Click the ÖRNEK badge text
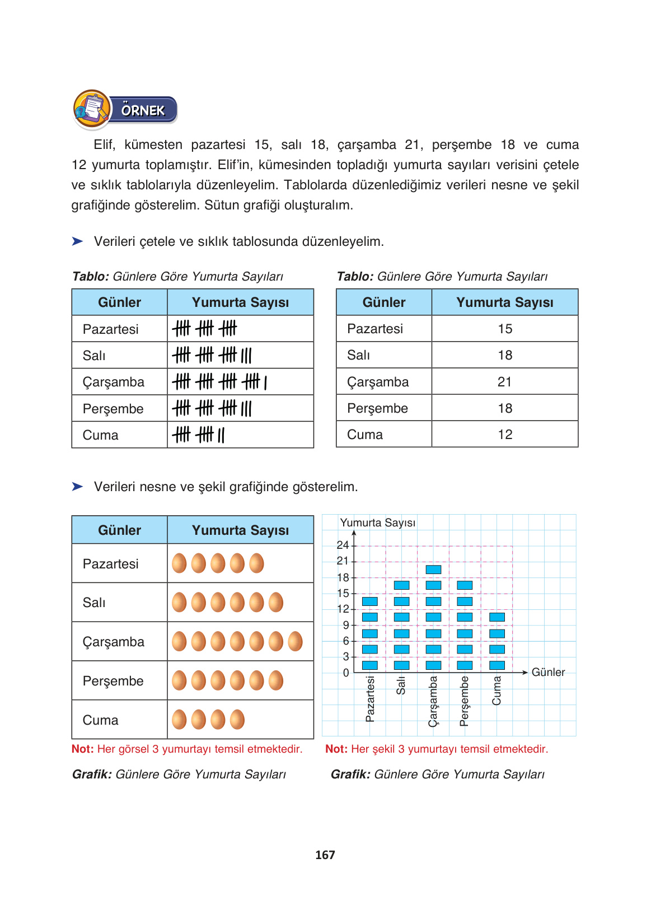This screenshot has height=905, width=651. [143, 110]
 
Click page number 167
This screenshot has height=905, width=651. [325, 855]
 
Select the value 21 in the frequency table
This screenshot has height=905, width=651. [504, 382]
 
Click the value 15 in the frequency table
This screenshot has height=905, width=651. [504, 329]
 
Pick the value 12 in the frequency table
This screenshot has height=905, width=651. [504, 435]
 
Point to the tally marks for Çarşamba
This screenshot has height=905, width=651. [219, 382]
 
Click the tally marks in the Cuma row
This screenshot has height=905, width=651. [199, 435]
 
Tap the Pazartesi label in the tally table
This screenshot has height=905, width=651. [110, 329]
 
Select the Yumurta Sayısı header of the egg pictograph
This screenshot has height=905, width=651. [240, 530]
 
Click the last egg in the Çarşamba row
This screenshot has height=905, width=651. [295, 641]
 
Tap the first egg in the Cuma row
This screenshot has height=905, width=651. [179, 720]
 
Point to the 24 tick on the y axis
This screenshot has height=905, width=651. [343, 545]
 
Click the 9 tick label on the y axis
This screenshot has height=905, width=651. [346, 625]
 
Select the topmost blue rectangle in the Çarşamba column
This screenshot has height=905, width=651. [433, 570]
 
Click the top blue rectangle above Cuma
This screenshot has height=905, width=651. [497, 617]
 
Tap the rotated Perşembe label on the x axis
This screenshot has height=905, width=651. [464, 701]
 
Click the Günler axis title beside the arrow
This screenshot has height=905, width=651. [548, 672]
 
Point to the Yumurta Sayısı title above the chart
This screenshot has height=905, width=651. [377, 523]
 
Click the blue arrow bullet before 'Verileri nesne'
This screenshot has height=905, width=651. [77, 486]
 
